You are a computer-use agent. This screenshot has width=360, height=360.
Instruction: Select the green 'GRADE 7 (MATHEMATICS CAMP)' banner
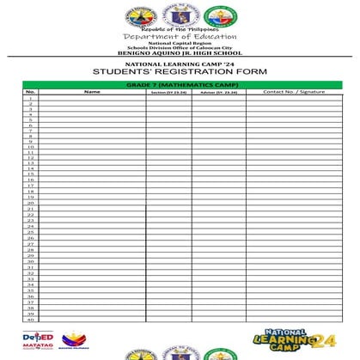click(x=180, y=85)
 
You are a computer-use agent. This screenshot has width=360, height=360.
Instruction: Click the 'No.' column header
click(x=30, y=92)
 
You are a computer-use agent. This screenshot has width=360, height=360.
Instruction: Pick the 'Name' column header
click(x=92, y=92)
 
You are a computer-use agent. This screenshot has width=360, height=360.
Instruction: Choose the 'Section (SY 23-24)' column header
click(x=168, y=92)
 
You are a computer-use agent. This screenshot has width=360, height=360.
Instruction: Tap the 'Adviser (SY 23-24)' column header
click(x=219, y=92)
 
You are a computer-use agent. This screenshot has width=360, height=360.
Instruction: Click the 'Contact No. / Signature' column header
click(x=294, y=92)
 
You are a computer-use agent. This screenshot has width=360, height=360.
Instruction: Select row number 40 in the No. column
click(x=30, y=319)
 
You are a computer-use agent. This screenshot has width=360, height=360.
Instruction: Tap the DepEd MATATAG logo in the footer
click(x=38, y=340)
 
